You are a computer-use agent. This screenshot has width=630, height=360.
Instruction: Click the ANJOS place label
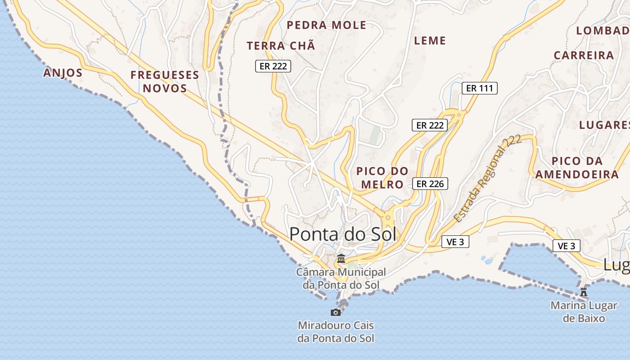point(63,73)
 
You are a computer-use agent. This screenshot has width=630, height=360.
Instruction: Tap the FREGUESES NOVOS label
point(165,81)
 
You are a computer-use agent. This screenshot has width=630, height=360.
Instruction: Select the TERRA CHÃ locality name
point(281,46)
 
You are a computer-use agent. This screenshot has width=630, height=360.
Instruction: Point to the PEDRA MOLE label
point(327,25)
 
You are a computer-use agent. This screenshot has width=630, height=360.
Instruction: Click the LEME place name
point(430,40)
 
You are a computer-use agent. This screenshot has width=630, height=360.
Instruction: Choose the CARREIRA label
point(584,55)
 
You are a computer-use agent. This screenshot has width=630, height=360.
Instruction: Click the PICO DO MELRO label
point(382,178)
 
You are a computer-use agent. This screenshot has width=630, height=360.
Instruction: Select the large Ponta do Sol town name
point(343,234)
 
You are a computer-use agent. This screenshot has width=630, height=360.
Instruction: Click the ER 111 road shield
point(480,88)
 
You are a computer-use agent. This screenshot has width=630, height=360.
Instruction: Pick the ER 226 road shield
point(430,184)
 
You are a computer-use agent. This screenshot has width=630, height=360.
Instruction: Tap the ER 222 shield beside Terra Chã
point(273,66)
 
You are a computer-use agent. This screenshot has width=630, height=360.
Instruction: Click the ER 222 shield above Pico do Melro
point(430,125)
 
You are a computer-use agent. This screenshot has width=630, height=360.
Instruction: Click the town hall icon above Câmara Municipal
point(341,259)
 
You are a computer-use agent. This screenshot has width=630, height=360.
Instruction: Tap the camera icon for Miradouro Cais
point(336,312)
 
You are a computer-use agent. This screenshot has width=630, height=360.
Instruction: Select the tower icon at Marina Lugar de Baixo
point(584,292)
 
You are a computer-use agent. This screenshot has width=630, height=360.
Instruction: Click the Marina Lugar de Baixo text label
point(584,312)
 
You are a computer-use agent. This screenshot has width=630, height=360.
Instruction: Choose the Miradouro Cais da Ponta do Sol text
point(336,332)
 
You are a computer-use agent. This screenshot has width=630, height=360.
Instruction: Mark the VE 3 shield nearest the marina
point(566,246)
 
